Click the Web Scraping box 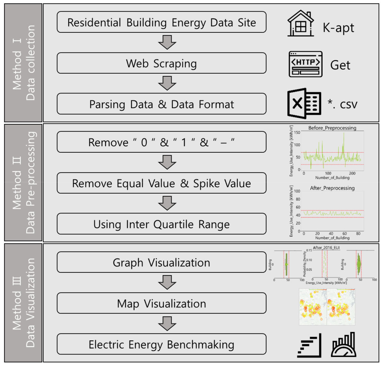162,63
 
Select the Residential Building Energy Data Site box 162,22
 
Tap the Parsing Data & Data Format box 162,104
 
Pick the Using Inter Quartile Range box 162,224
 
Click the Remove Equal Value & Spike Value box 162,183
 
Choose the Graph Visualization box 162,262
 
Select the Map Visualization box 162,303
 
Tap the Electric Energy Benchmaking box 162,344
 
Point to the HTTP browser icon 305,64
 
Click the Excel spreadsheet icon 304,104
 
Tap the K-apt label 338,28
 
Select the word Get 340,65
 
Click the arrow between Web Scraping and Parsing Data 167,83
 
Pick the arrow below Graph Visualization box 167,282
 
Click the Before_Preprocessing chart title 332,128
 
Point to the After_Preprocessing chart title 332,188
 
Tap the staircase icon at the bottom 309,345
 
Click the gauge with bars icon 344,345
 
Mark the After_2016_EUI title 326,248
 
